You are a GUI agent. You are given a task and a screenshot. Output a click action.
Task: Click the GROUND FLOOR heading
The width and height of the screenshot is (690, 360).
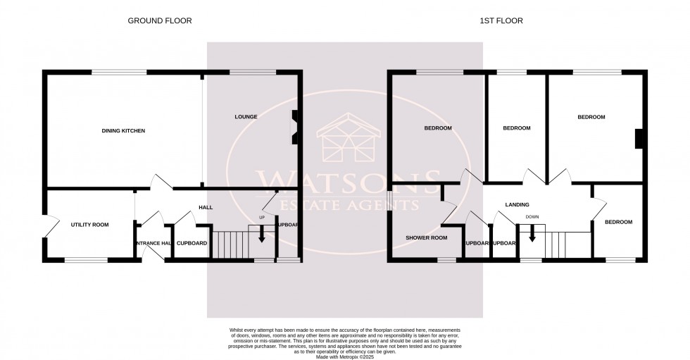(159, 21)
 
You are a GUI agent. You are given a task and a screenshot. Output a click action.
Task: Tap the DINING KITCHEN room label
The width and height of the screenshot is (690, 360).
(123, 131)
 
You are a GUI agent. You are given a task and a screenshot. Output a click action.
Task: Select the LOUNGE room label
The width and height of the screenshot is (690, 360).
(246, 116)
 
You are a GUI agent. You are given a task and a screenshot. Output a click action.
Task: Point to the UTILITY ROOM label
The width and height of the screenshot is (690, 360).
(89, 225)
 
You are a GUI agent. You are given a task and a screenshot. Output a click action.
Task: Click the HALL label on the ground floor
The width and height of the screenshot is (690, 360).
(204, 207)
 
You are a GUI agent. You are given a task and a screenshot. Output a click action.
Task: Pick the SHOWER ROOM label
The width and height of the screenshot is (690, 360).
(426, 237)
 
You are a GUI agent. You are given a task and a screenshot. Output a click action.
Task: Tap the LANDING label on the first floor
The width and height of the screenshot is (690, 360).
(517, 205)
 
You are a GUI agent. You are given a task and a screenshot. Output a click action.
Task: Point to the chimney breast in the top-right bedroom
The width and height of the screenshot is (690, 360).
(638, 139)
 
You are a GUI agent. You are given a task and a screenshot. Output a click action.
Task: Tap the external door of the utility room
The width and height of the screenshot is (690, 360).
(46, 225)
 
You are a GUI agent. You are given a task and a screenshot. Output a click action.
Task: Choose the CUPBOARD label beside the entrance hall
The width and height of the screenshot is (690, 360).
(192, 243)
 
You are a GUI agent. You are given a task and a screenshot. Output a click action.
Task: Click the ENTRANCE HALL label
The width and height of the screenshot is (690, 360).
(153, 243)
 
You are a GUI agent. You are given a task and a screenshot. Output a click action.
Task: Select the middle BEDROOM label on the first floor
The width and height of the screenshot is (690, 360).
(516, 128)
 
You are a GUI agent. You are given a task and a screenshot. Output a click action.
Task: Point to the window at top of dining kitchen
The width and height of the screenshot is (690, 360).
(118, 72)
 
